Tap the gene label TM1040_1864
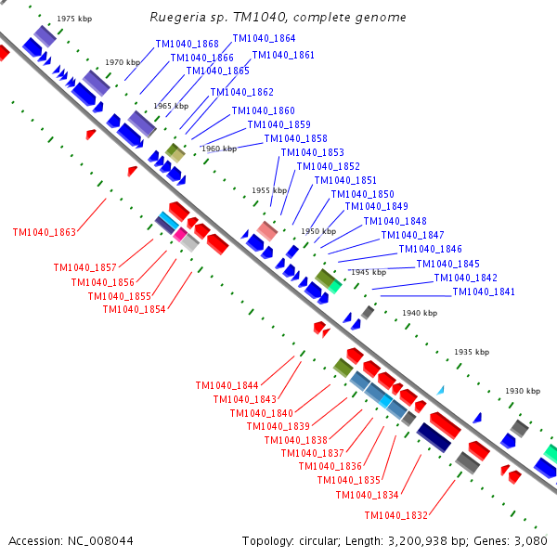pyautogui.click(x=264, y=39)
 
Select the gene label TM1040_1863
pyautogui.click(x=45, y=232)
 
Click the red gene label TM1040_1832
pyautogui.click(x=396, y=516)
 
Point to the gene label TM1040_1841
pyautogui.click(x=484, y=292)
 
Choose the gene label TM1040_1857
pyautogui.click(x=85, y=267)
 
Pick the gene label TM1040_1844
pyautogui.click(x=227, y=385)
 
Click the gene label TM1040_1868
pyautogui.click(x=188, y=45)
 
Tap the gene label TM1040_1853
pyautogui.click(x=312, y=153)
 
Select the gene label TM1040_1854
pyautogui.click(x=135, y=310)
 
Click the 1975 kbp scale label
pyautogui.click(x=73, y=19)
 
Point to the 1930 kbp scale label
pyautogui.click(x=522, y=391)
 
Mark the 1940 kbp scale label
pyautogui.click(x=419, y=313)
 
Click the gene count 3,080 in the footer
pyautogui.click(x=532, y=540)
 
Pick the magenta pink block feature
pyautogui.click(x=179, y=236)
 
